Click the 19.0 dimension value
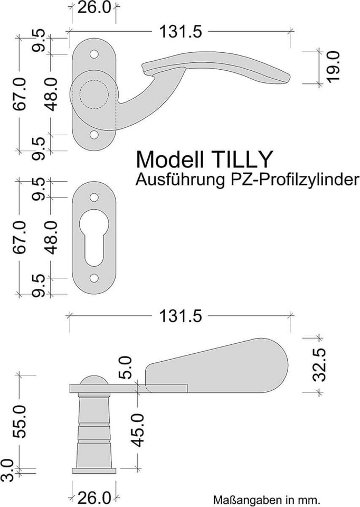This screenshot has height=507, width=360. [x=333, y=67]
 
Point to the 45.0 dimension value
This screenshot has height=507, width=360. [x=138, y=429]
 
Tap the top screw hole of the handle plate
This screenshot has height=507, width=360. [x=94, y=54]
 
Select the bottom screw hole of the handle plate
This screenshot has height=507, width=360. [x=94, y=135]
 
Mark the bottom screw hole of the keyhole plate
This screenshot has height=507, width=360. [x=94, y=278]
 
